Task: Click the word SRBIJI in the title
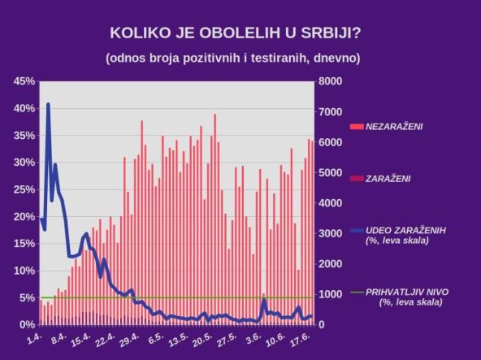pyautogui.click(x=321, y=33)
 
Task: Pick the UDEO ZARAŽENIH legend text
pyautogui.click(x=405, y=230)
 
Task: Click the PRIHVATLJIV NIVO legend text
pyautogui.click(x=407, y=291)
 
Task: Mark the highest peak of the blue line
pyautogui.click(x=48, y=104)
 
